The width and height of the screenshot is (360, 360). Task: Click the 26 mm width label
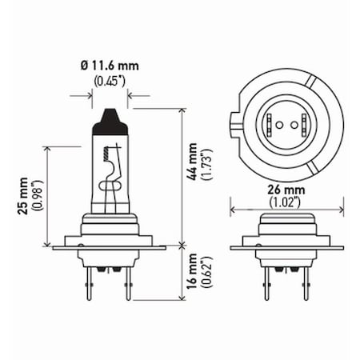287,190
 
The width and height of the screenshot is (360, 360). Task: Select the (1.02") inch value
287,202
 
